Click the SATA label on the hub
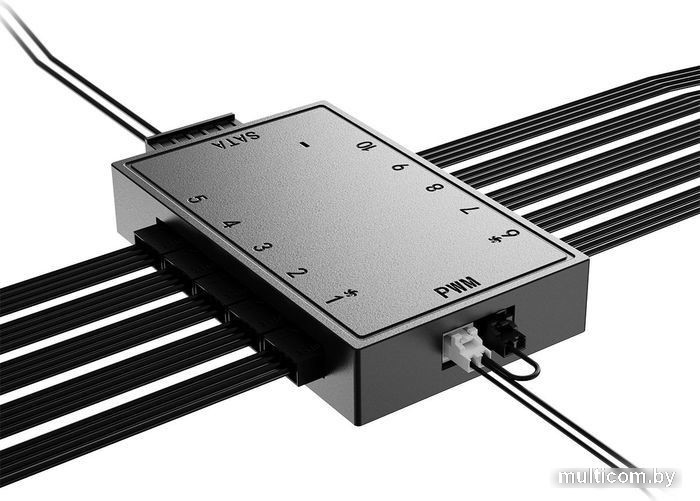point(236,140)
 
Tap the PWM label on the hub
point(457,286)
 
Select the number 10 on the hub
point(367,146)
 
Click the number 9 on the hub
point(511,234)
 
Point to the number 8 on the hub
point(435,187)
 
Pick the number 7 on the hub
point(470,209)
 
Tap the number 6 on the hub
point(400,167)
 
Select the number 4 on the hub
point(231,223)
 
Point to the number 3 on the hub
point(262,247)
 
